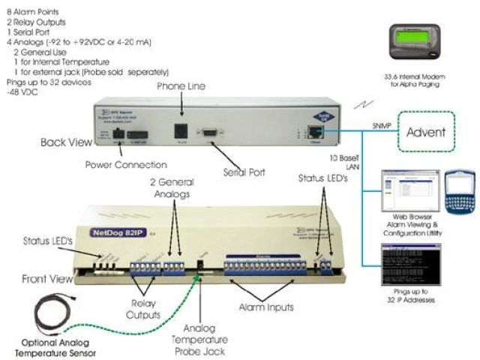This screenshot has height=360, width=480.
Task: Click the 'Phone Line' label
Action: [181, 87]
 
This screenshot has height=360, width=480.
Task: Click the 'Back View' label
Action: [63, 140]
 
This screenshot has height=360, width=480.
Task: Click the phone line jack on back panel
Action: [181, 127]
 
